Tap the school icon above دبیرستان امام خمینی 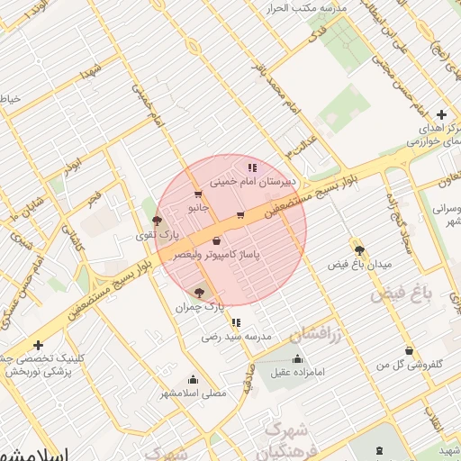pyautogui.click(x=252, y=167)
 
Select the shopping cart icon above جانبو pyautogui.click(x=197, y=194)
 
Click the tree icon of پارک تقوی pyautogui.click(x=158, y=221)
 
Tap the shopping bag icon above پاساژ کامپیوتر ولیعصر pyautogui.click(x=216, y=241)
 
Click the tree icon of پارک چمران pyautogui.click(x=199, y=293)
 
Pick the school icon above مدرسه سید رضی pyautogui.click(x=236, y=322)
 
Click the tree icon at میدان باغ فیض pyautogui.click(x=359, y=250)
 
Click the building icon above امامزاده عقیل pyautogui.click(x=297, y=359)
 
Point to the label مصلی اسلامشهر pyautogui.click(x=194, y=393)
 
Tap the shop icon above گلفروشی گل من pyautogui.click(x=410, y=350)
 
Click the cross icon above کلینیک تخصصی pyautogui.click(x=38, y=345)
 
